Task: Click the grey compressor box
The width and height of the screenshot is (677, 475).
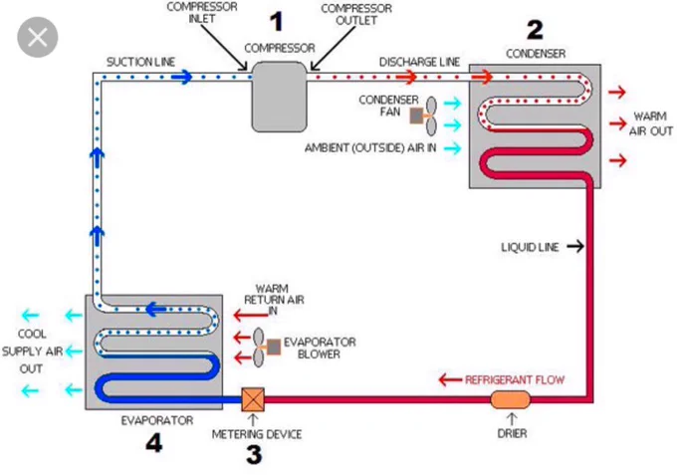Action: tap(279, 97)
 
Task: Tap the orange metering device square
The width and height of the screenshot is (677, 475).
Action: tap(253, 399)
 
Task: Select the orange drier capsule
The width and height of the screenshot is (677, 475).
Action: tap(510, 400)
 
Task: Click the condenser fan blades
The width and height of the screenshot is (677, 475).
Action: tap(431, 116)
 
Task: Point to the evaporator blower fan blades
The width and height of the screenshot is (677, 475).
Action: tap(258, 348)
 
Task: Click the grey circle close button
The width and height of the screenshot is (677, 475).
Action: tap(38, 37)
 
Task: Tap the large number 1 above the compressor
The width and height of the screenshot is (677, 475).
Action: tap(277, 22)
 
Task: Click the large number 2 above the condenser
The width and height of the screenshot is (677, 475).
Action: tap(535, 29)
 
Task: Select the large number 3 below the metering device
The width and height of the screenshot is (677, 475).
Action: tap(254, 455)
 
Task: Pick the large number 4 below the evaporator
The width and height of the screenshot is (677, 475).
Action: tap(153, 442)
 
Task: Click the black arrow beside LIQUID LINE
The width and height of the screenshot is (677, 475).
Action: tap(575, 246)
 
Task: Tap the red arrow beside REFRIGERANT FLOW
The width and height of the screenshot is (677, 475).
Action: tap(450, 380)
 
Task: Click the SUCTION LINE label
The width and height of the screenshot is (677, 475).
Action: tap(140, 62)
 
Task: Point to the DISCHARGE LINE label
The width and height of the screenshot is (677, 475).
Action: tap(419, 62)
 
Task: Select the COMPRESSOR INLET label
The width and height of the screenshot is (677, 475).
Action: tap(202, 13)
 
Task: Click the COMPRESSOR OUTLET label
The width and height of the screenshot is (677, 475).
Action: tap(356, 14)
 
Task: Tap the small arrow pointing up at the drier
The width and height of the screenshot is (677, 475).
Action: tap(512, 419)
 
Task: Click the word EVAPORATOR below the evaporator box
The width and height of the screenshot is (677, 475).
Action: tap(157, 420)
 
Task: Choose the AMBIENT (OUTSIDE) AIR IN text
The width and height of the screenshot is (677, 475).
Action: tap(370, 148)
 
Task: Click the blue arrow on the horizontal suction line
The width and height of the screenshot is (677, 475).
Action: tap(182, 78)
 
